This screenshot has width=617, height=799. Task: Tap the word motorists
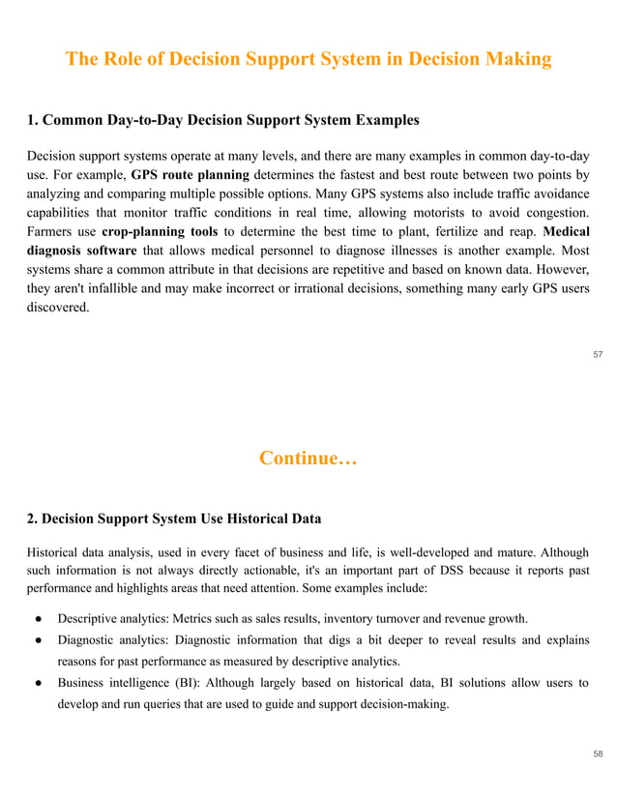430,212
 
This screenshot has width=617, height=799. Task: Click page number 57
598,354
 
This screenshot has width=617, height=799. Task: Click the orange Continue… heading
308,458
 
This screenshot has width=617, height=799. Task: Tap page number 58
598,752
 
